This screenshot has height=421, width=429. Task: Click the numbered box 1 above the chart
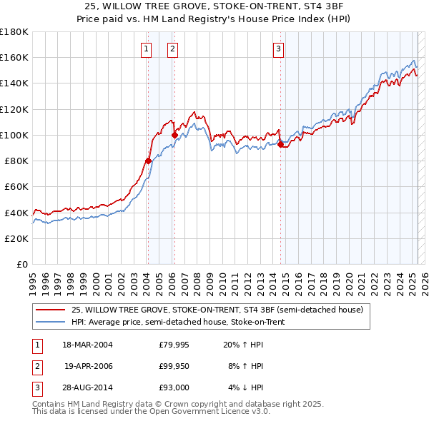[146, 49]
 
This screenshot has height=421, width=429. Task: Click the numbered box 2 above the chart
[173, 49]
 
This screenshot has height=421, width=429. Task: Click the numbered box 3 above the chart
[278, 49]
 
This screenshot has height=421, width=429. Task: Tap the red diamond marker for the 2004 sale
[148, 161]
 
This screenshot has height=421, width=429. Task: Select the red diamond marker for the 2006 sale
[174, 135]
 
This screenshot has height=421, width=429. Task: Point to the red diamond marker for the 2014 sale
[280, 144]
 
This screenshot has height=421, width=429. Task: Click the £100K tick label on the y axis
[14, 135]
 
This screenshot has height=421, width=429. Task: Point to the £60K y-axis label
[16, 186]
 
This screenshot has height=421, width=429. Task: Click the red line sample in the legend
[50, 310]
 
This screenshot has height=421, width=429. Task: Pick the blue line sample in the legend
[50, 322]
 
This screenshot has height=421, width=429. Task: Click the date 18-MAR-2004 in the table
[87, 345]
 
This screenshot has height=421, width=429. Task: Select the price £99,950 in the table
[174, 366]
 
